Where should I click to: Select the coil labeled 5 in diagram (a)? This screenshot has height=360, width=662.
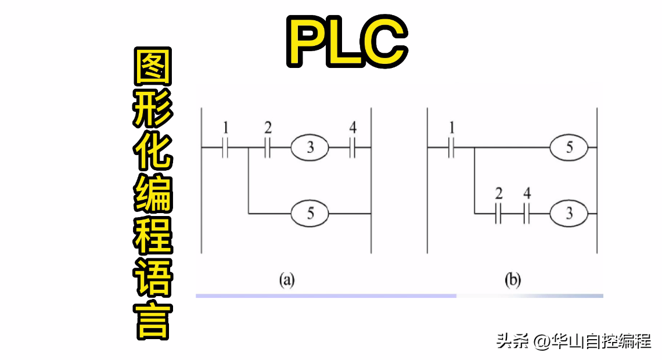tap(310, 214)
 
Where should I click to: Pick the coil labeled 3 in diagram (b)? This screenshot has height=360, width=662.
tap(569, 214)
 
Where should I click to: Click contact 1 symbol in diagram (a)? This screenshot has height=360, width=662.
tap(225, 148)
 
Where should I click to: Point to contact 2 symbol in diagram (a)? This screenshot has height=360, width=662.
tap(267, 148)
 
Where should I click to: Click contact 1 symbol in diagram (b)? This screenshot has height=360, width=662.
tap(451, 148)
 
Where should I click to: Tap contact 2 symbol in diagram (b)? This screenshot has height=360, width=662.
tap(498, 214)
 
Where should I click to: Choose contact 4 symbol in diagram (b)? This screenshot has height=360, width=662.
tap(527, 214)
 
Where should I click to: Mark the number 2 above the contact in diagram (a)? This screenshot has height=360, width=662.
tap(267, 127)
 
